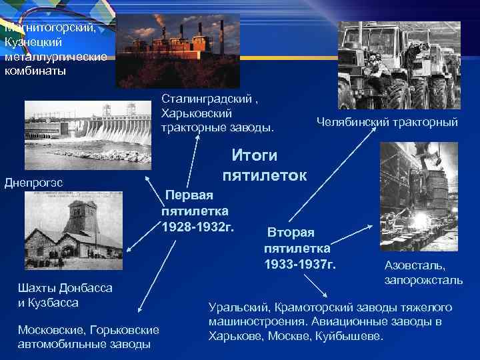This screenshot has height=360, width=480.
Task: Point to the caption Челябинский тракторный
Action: pyautogui.click(x=387, y=122)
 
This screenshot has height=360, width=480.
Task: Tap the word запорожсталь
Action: pyautogui.click(x=423, y=280)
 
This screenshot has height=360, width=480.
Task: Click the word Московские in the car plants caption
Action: pyautogui.click(x=51, y=330)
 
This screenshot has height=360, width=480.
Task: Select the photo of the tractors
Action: pyautogui.click(x=399, y=65)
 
